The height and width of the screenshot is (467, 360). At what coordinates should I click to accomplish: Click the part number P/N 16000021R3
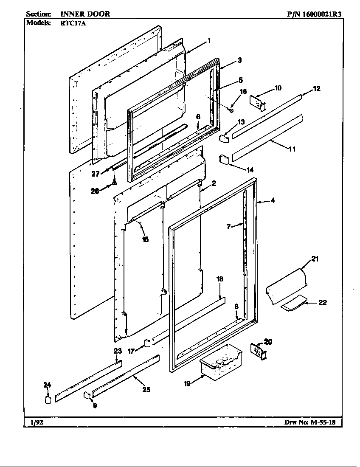(x=314, y=14)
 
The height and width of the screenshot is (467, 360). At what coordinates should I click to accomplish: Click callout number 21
(x=315, y=259)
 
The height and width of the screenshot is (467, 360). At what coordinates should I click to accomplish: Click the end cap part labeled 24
(x=48, y=399)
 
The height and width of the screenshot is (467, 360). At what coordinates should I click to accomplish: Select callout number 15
(x=145, y=239)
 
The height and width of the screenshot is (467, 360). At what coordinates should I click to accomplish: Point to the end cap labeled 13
(x=224, y=137)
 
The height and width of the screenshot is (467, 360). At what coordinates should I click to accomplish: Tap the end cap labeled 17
(x=147, y=342)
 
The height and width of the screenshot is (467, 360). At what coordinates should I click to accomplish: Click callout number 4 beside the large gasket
(x=273, y=201)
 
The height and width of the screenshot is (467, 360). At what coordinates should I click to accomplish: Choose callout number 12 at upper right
(x=316, y=89)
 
